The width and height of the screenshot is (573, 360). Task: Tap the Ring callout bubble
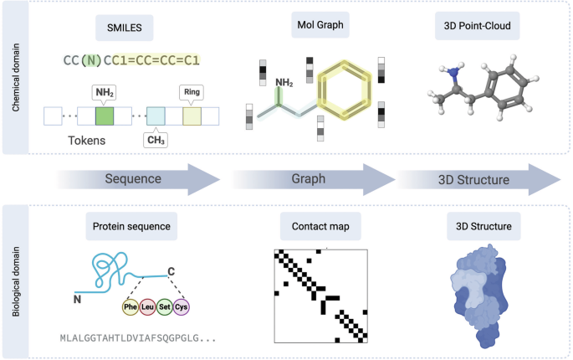point(191,90)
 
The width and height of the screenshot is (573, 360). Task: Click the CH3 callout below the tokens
point(155,140)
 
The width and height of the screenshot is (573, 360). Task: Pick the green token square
point(105,116)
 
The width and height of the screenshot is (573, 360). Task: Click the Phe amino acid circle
point(130,307)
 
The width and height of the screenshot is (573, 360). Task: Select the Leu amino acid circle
point(147,307)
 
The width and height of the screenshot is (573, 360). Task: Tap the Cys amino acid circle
point(182,307)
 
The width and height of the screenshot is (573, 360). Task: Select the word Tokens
point(88,141)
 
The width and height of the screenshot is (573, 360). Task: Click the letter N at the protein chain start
point(78,297)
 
